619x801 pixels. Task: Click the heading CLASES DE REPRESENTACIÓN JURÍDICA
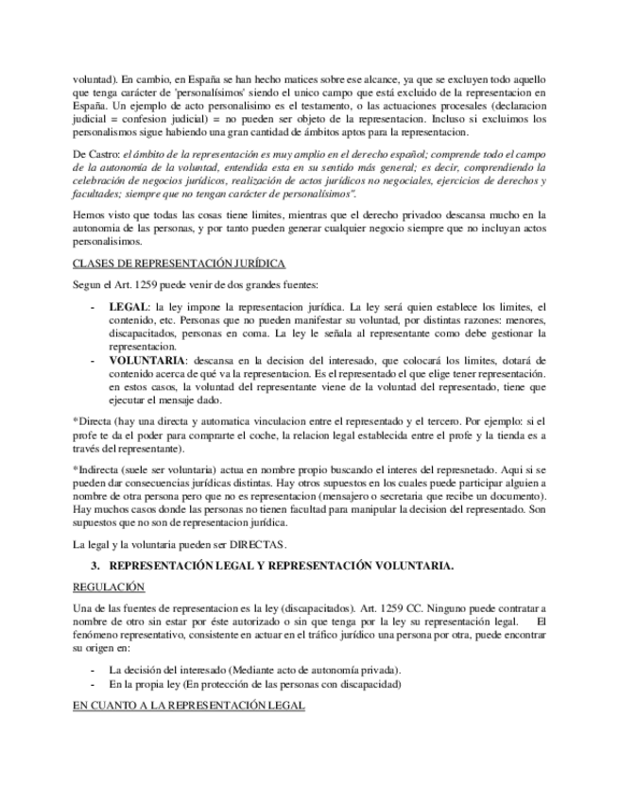pyautogui.click(x=179, y=263)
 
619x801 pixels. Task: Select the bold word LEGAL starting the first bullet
pyautogui.click(x=128, y=307)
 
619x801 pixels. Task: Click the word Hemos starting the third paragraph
pyautogui.click(x=90, y=215)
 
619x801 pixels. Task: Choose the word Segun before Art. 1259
pyautogui.click(x=88, y=285)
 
